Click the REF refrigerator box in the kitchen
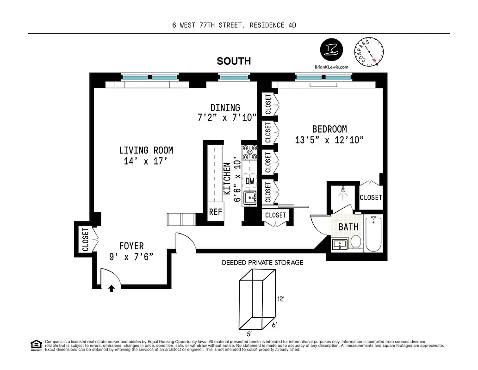(x=215, y=212)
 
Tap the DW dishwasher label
(x=250, y=181)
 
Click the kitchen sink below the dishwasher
(x=250, y=198)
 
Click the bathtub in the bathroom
(x=372, y=234)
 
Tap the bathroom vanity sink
(x=340, y=244)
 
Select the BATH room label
(x=348, y=227)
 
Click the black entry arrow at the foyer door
(x=111, y=289)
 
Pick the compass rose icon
(x=369, y=51)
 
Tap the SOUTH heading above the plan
(x=234, y=61)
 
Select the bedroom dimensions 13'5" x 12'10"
(x=329, y=140)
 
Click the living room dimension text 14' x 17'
(x=146, y=161)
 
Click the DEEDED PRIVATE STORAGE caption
(x=262, y=263)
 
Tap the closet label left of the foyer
(x=86, y=240)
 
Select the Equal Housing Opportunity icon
(x=35, y=345)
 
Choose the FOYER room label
(x=131, y=247)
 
